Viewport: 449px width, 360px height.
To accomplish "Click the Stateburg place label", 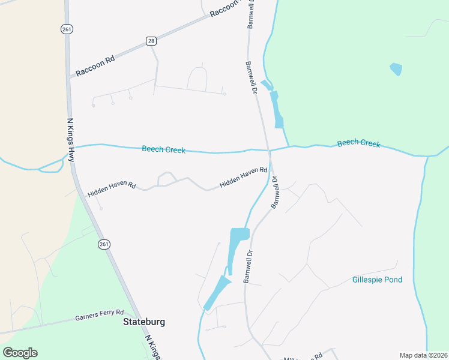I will point(143,322).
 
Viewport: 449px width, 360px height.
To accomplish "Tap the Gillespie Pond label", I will point(377,280).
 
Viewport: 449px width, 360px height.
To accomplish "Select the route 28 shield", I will point(151,40).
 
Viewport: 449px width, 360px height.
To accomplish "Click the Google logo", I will point(20,353).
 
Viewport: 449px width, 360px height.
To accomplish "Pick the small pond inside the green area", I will point(396,69).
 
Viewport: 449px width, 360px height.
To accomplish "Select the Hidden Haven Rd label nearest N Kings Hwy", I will point(112,190).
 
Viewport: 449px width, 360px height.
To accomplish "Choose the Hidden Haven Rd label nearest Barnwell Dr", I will point(243,178).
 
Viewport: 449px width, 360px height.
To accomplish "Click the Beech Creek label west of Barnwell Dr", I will point(163,149).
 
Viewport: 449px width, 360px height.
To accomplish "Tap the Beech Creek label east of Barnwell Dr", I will point(358,143).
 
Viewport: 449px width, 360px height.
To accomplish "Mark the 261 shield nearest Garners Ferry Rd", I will point(104,244).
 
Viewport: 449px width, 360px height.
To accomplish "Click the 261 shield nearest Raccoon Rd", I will point(65,28).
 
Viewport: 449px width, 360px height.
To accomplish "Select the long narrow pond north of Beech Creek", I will point(276,109).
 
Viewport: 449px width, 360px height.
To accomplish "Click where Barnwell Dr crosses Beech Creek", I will point(268,149).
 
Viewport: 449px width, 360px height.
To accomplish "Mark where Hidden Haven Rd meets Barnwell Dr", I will point(270,170).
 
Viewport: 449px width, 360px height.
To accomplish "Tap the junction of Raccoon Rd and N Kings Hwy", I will point(68,78).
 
